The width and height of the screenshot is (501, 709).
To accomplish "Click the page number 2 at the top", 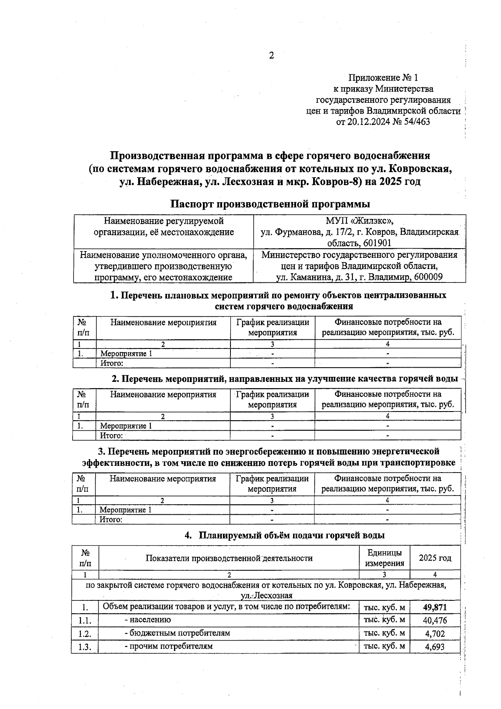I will coord(271,56).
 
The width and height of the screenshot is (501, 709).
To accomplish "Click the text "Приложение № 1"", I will coord(383,78).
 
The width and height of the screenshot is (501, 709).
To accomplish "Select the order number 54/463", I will coord(415,122).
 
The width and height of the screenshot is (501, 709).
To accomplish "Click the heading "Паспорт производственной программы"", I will coord(270,204).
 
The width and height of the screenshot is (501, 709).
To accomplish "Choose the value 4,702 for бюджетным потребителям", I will coord(435,633).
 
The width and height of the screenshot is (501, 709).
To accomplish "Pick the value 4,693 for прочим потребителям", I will coord(435,647).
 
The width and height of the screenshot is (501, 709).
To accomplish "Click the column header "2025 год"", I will coord(435,558).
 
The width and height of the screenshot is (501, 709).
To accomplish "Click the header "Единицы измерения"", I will coord(385,558).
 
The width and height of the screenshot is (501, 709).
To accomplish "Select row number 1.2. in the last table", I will coord(84,634).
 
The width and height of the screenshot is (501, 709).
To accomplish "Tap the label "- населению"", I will coord(147,620).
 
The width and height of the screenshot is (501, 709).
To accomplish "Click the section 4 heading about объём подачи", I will coord(285,535).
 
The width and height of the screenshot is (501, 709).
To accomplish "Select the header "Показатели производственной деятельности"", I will coord(229,559).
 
